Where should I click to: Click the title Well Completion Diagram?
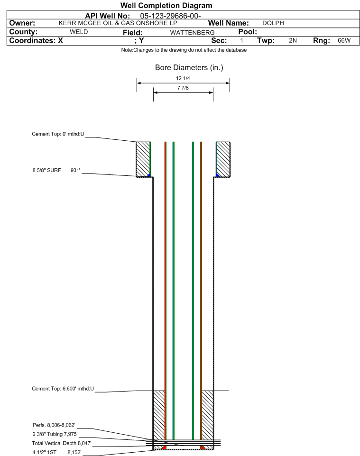(x=166, y=6)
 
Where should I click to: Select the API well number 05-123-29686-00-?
(x=170, y=16)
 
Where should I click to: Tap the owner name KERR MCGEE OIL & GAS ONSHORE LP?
(x=118, y=23)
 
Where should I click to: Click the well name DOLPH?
(x=273, y=23)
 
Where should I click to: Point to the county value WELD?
(x=79, y=32)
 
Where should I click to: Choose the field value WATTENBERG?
(x=192, y=32)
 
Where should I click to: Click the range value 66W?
(x=344, y=40)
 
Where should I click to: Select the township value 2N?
(x=293, y=40)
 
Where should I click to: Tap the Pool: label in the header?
(x=248, y=32)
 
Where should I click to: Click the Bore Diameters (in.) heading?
(x=189, y=67)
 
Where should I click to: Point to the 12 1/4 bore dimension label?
(x=183, y=78)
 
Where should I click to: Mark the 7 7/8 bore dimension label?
(x=183, y=88)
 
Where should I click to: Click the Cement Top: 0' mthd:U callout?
(x=58, y=134)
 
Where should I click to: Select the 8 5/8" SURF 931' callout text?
(x=56, y=170)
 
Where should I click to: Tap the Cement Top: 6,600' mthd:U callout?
(x=63, y=389)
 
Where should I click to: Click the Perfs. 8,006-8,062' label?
(x=54, y=425)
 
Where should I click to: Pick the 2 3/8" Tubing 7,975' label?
(x=55, y=434)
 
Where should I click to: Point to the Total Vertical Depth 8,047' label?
(x=62, y=443)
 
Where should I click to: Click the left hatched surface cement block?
(x=143, y=159)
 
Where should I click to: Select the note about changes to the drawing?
(x=184, y=50)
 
